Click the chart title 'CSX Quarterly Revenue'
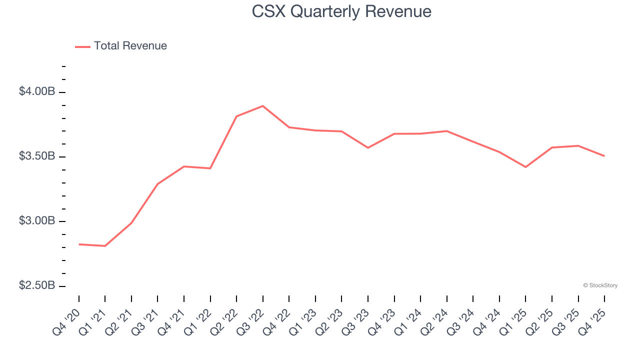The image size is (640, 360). coord(341,11)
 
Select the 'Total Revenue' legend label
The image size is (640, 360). coord(130,46)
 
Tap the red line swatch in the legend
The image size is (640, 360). coord(82,46)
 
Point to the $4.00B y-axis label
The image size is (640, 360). coord(37,91)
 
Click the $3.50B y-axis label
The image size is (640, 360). coord(37,156)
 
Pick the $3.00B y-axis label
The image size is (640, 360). coord(37,220)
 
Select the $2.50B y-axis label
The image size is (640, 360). coord(37,285)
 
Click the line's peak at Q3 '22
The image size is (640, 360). coord(263,106)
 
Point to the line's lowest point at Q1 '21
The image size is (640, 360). coord(105,246)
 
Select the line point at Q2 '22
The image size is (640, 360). coord(236,116)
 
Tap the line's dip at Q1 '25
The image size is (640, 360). coord(525,167)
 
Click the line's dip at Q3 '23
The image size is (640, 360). coord(368,147)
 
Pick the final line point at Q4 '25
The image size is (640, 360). coord(604,156)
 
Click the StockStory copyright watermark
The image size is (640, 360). coord(600,285)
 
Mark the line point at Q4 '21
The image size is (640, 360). coord(184,166)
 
